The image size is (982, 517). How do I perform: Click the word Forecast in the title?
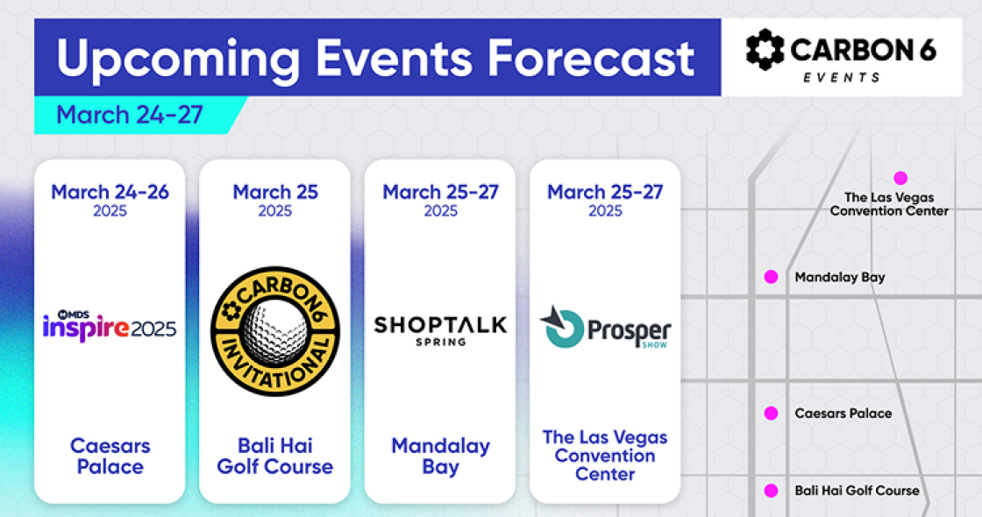pos(591,58)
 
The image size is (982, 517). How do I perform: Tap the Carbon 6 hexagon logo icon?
pos(765,49)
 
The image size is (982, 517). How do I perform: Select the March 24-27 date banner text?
pos(130,115)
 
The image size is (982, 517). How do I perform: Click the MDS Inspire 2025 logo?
pos(110,325)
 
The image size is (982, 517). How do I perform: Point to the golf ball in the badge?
pos(275,329)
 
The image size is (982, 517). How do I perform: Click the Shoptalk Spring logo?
pos(440,331)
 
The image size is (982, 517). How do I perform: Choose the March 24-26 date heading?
pos(110,192)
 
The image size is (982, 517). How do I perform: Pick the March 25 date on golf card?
pos(275,192)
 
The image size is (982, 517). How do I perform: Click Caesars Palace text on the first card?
pos(110,457)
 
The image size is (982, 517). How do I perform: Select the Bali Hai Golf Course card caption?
pos(275,457)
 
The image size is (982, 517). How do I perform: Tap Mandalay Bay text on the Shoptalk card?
pos(440,457)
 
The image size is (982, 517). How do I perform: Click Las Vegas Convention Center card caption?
pos(605,456)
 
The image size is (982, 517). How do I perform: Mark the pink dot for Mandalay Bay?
pos(771,277)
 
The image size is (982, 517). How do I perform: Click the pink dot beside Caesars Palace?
pos(771,413)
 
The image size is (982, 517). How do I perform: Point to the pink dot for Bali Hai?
pos(771,491)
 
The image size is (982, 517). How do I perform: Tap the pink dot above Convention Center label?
pos(900,179)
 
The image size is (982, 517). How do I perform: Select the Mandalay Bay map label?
pos(840,277)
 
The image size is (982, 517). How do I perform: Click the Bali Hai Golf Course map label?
pos(857,491)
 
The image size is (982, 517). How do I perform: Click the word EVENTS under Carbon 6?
pos(842,78)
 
